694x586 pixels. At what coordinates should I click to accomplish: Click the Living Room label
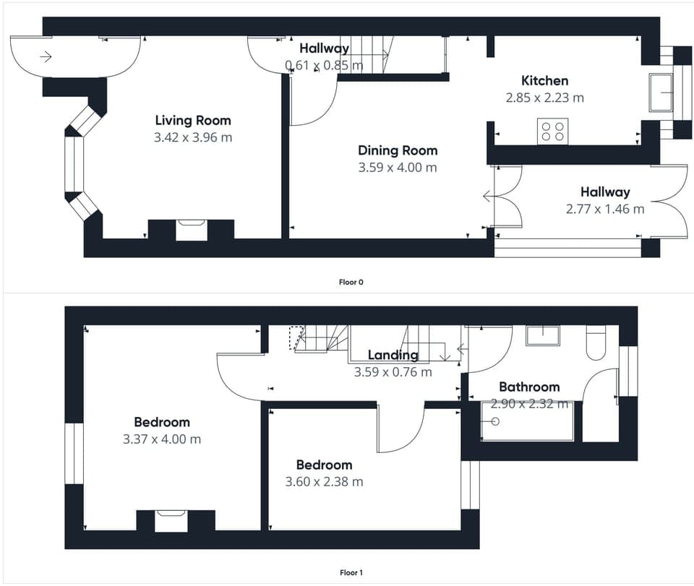point(193,120)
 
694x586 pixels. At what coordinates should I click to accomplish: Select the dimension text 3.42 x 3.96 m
point(193,137)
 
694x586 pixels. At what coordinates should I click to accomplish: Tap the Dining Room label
point(398,150)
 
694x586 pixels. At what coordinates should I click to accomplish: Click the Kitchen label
point(544,80)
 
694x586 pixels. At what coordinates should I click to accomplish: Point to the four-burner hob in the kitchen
point(552,131)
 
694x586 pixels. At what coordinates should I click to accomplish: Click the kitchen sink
point(660,92)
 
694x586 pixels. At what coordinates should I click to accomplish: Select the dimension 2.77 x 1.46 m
point(604,210)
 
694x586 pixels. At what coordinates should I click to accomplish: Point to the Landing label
point(393,355)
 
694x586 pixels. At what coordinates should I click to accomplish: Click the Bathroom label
point(529,387)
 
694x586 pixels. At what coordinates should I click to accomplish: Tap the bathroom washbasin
point(542,335)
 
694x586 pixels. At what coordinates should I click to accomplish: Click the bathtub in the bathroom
point(527,421)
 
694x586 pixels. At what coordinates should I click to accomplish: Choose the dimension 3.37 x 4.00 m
point(162,439)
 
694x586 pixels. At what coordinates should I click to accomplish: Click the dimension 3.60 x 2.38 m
point(324,481)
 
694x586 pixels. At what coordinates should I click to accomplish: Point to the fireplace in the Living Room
point(191,229)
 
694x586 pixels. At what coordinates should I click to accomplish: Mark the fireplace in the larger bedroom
point(171,520)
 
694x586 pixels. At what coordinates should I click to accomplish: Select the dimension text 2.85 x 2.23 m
point(544,97)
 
